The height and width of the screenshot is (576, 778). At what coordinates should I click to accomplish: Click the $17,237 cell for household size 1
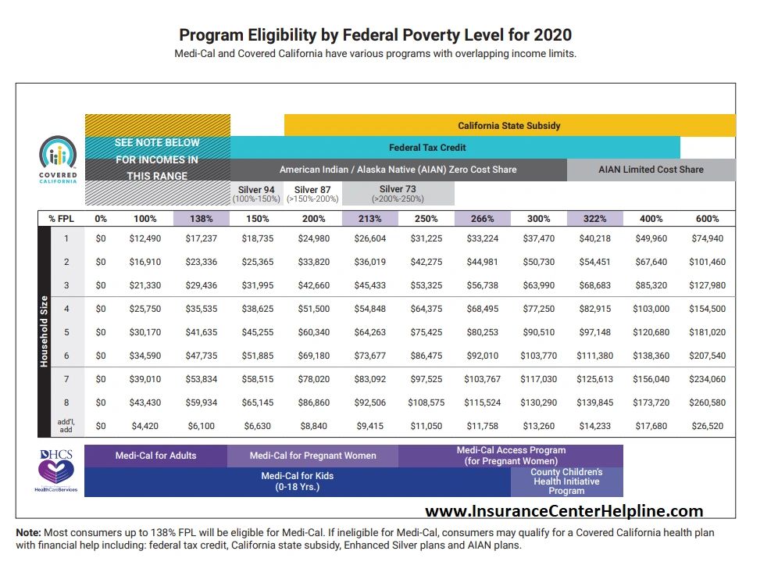point(201,238)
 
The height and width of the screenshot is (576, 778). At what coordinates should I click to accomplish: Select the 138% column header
point(201,219)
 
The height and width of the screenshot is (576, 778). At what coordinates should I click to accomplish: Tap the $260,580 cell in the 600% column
point(708,402)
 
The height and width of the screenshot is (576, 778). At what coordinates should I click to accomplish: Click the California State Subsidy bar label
point(509,125)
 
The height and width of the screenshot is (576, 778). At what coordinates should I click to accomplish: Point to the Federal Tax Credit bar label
point(429,147)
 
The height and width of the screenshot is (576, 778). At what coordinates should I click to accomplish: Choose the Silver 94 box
point(256,194)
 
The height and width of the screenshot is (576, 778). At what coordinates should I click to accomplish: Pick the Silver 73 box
point(398,194)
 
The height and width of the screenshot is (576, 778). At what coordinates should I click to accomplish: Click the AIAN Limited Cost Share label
point(651,170)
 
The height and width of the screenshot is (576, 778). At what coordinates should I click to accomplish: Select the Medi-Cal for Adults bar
point(156,456)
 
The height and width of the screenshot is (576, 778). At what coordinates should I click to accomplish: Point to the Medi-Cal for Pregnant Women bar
point(312,456)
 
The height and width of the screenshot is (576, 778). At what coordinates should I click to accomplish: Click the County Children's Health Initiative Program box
point(566,481)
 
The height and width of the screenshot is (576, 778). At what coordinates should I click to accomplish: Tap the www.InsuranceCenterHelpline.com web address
point(564,511)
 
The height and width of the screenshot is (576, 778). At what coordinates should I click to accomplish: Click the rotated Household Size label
point(45,332)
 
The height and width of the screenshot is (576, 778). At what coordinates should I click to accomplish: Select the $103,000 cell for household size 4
point(651,309)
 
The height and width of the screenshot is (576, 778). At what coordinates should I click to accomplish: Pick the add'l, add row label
point(66,426)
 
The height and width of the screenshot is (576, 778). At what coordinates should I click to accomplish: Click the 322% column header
point(594,219)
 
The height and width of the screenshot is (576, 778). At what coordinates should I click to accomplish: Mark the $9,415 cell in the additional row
point(369,426)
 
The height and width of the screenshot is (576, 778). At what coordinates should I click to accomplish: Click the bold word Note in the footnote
point(29,532)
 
